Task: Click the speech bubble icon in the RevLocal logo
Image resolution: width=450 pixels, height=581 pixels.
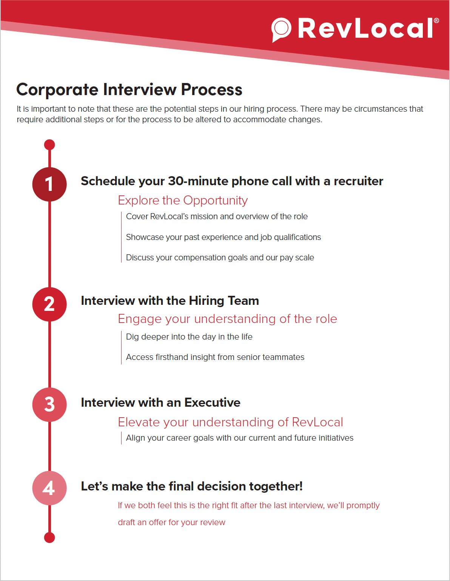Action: (281, 29)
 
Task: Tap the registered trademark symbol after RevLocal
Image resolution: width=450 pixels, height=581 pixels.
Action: (436, 21)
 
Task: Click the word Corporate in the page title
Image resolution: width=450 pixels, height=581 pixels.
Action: (57, 90)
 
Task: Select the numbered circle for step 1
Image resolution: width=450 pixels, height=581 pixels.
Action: (49, 184)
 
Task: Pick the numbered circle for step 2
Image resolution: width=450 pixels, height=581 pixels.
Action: (49, 304)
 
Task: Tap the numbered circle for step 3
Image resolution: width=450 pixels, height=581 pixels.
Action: (49, 404)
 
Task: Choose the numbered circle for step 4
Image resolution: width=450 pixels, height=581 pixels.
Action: (49, 488)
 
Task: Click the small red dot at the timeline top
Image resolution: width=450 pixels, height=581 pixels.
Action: (49, 144)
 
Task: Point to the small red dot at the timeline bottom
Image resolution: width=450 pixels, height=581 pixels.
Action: (49, 538)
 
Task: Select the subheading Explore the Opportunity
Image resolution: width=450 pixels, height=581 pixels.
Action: (183, 200)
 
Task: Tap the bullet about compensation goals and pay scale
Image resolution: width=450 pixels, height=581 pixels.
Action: (220, 258)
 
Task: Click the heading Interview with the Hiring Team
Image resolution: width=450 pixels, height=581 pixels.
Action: (170, 301)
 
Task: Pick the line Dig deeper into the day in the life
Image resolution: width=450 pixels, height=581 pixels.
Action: (189, 337)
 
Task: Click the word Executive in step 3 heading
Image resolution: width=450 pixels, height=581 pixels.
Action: (212, 403)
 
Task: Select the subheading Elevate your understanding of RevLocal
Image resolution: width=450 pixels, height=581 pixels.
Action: (230, 422)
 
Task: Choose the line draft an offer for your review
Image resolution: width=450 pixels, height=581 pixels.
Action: (171, 523)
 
